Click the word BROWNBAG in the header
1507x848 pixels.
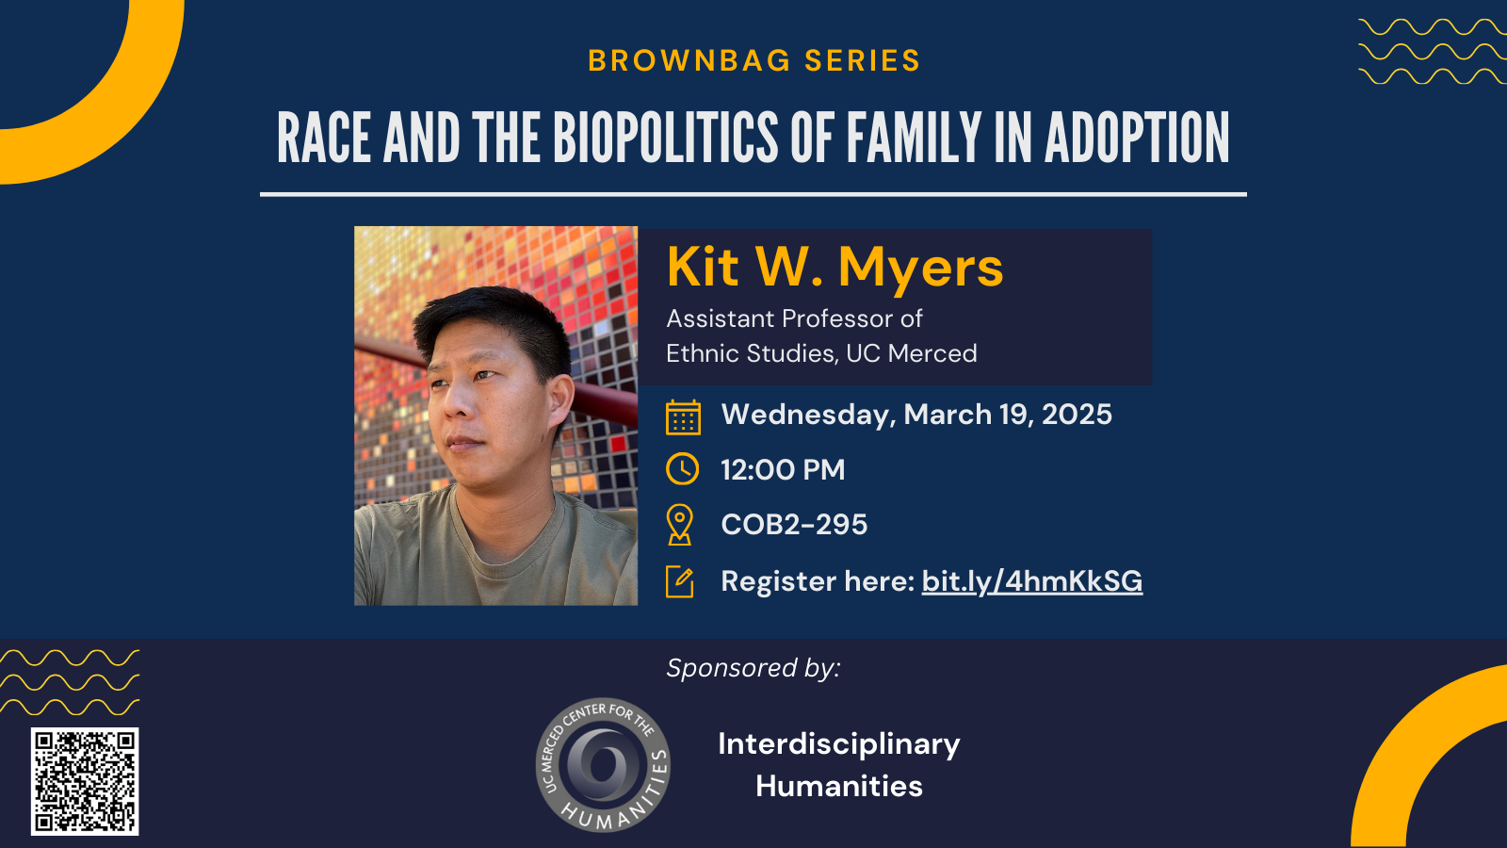click(x=689, y=60)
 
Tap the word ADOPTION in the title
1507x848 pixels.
click(x=1137, y=138)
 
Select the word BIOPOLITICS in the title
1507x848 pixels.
click(x=665, y=138)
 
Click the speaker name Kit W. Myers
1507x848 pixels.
click(x=835, y=268)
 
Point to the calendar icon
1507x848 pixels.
click(x=683, y=417)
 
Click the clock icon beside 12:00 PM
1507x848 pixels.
click(x=682, y=468)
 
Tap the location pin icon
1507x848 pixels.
click(x=679, y=525)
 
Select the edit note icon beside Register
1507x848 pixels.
click(x=679, y=581)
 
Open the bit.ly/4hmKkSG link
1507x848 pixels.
click(x=1032, y=581)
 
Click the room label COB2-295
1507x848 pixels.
click(x=794, y=524)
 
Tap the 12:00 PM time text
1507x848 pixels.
click(x=783, y=470)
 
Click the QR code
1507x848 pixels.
click(x=85, y=781)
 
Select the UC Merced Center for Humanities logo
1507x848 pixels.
click(x=603, y=764)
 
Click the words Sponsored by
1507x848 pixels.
click(x=753, y=668)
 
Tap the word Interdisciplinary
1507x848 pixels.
click(x=839, y=744)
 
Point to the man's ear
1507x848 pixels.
click(x=560, y=402)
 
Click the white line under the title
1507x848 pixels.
click(x=753, y=194)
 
